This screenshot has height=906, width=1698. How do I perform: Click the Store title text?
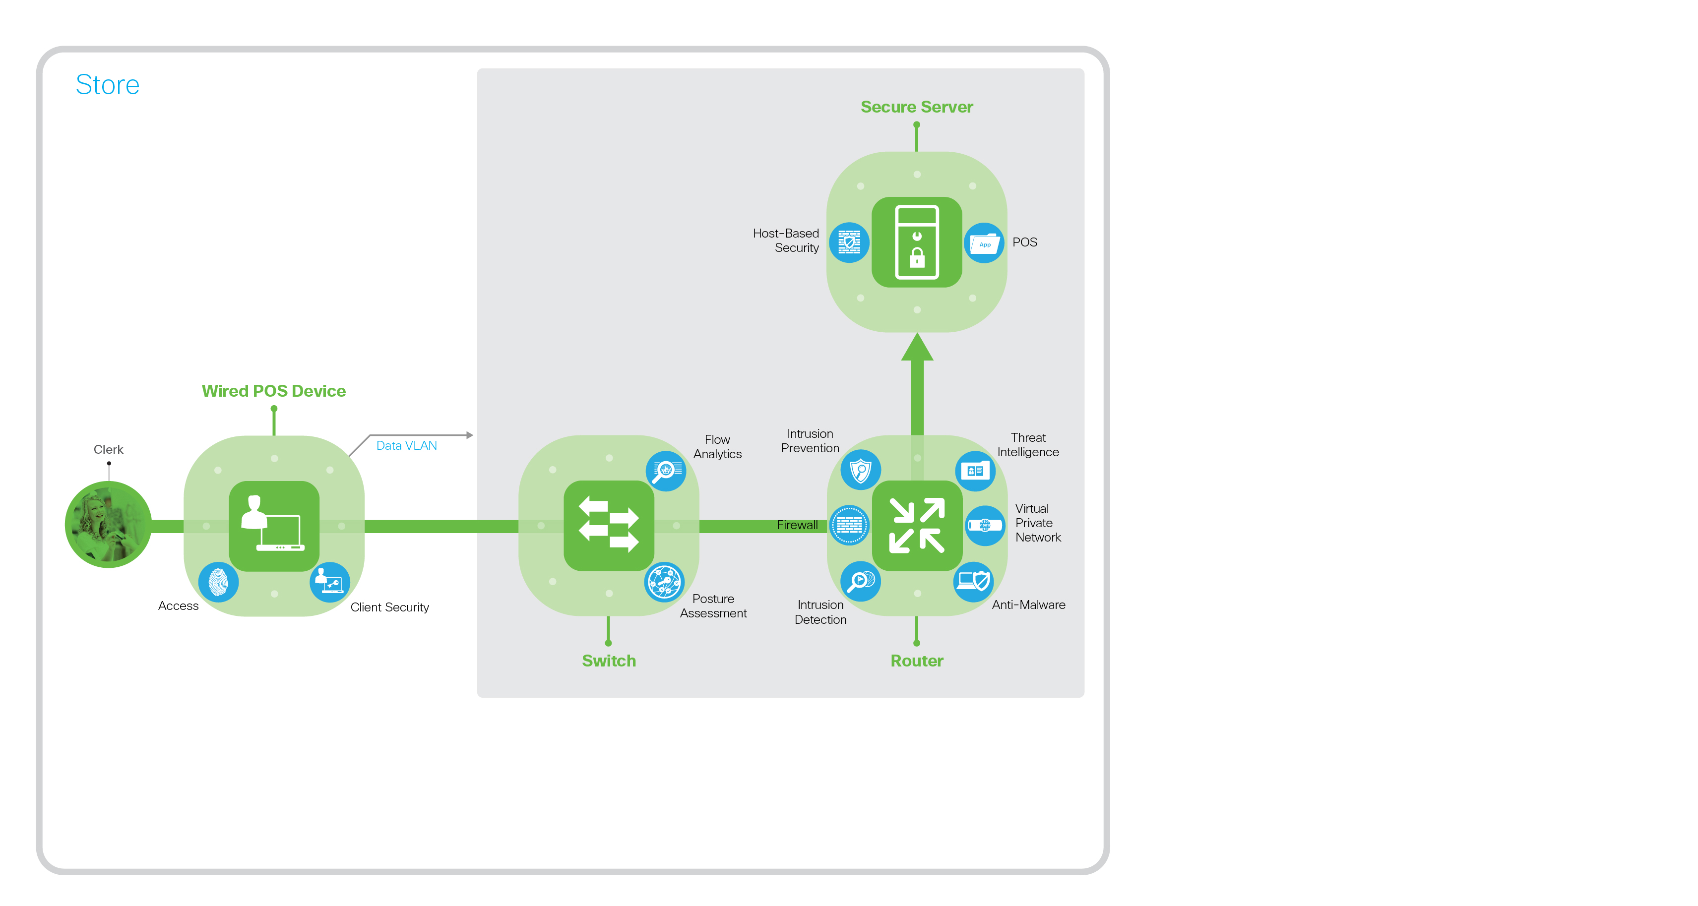point(108,85)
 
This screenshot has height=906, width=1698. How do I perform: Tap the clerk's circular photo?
point(108,525)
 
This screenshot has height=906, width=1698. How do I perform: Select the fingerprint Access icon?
point(218,582)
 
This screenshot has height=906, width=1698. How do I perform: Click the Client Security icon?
point(329,582)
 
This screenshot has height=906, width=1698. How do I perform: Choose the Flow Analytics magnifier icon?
point(666,471)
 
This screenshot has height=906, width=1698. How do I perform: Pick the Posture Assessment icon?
point(664,582)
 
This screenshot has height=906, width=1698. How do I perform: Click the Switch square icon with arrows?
point(608,525)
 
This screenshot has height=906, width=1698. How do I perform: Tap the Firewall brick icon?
point(849,525)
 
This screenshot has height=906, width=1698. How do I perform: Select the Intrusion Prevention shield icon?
point(860,470)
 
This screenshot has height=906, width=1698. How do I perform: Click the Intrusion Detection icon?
point(860,581)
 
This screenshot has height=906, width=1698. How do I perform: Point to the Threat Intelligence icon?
point(975,471)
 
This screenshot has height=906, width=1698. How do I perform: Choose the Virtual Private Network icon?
point(985,525)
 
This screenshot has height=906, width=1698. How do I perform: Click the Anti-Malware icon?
point(974,581)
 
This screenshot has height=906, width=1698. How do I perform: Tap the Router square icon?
point(917,525)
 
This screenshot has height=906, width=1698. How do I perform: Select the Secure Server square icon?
point(916,242)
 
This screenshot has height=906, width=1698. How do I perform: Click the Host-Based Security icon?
point(849,242)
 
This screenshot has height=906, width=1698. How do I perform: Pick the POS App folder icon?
point(984,243)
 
